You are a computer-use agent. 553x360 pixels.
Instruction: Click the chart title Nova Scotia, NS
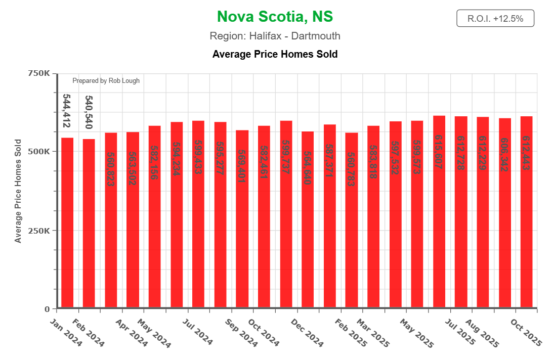coord(275,17)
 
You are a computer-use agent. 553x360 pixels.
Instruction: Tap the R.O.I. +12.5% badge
coord(495,19)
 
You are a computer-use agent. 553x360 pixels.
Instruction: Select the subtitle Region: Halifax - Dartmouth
coord(275,36)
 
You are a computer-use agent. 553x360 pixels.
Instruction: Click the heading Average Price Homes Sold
coord(275,54)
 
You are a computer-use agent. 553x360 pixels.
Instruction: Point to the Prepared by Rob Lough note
coord(106,81)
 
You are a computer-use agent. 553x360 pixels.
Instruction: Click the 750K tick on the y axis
coord(38,73)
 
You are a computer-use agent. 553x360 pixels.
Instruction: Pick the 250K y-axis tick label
coord(38,231)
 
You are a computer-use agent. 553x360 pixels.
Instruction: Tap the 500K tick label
coord(38,152)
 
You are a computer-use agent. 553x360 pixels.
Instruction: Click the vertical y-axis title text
coord(18,191)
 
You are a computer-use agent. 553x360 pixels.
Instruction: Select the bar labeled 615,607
coord(439,212)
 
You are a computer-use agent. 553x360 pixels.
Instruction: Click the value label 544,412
coord(66,110)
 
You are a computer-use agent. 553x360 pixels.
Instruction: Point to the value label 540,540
coord(89,112)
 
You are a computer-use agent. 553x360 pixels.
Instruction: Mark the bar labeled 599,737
coord(286,215)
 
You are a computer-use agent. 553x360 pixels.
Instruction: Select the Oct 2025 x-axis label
coord(527,332)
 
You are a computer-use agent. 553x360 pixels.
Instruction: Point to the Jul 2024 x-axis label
coord(198,332)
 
